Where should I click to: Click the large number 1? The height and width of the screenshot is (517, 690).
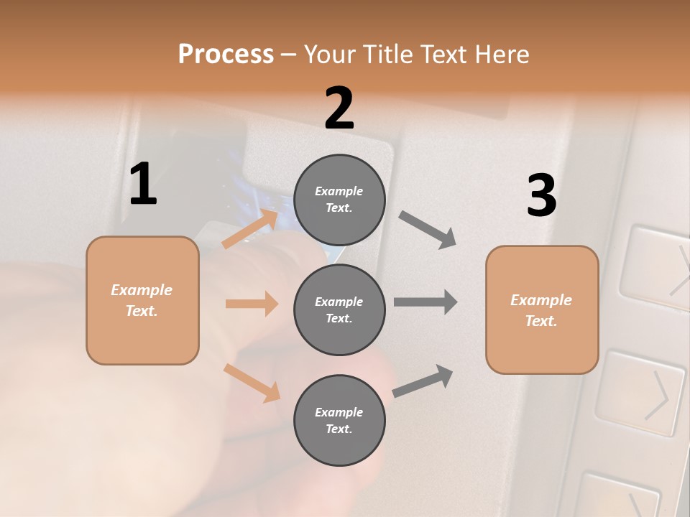[143, 184]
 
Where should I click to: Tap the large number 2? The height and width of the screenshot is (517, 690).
[339, 108]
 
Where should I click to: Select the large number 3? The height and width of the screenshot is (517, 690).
[541, 195]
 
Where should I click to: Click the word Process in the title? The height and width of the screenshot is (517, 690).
[226, 54]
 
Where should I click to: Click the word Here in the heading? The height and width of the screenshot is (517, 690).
[501, 54]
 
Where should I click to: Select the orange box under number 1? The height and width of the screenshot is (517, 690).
[142, 300]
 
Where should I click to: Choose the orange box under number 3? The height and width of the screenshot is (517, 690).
[542, 309]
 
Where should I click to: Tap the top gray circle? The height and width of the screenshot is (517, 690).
[339, 200]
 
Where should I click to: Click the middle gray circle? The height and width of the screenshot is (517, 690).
[339, 309]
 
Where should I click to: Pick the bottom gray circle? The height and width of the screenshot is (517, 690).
[339, 420]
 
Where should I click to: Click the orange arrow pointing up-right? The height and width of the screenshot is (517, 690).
[250, 228]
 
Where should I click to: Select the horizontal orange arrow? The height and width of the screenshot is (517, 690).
[252, 304]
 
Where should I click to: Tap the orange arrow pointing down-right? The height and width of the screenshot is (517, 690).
[252, 382]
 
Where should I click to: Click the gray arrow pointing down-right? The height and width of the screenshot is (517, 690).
[428, 230]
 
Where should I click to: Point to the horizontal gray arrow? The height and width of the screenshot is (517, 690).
[425, 302]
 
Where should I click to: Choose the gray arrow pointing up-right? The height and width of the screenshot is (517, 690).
[423, 381]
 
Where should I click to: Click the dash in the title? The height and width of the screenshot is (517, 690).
[289, 55]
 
